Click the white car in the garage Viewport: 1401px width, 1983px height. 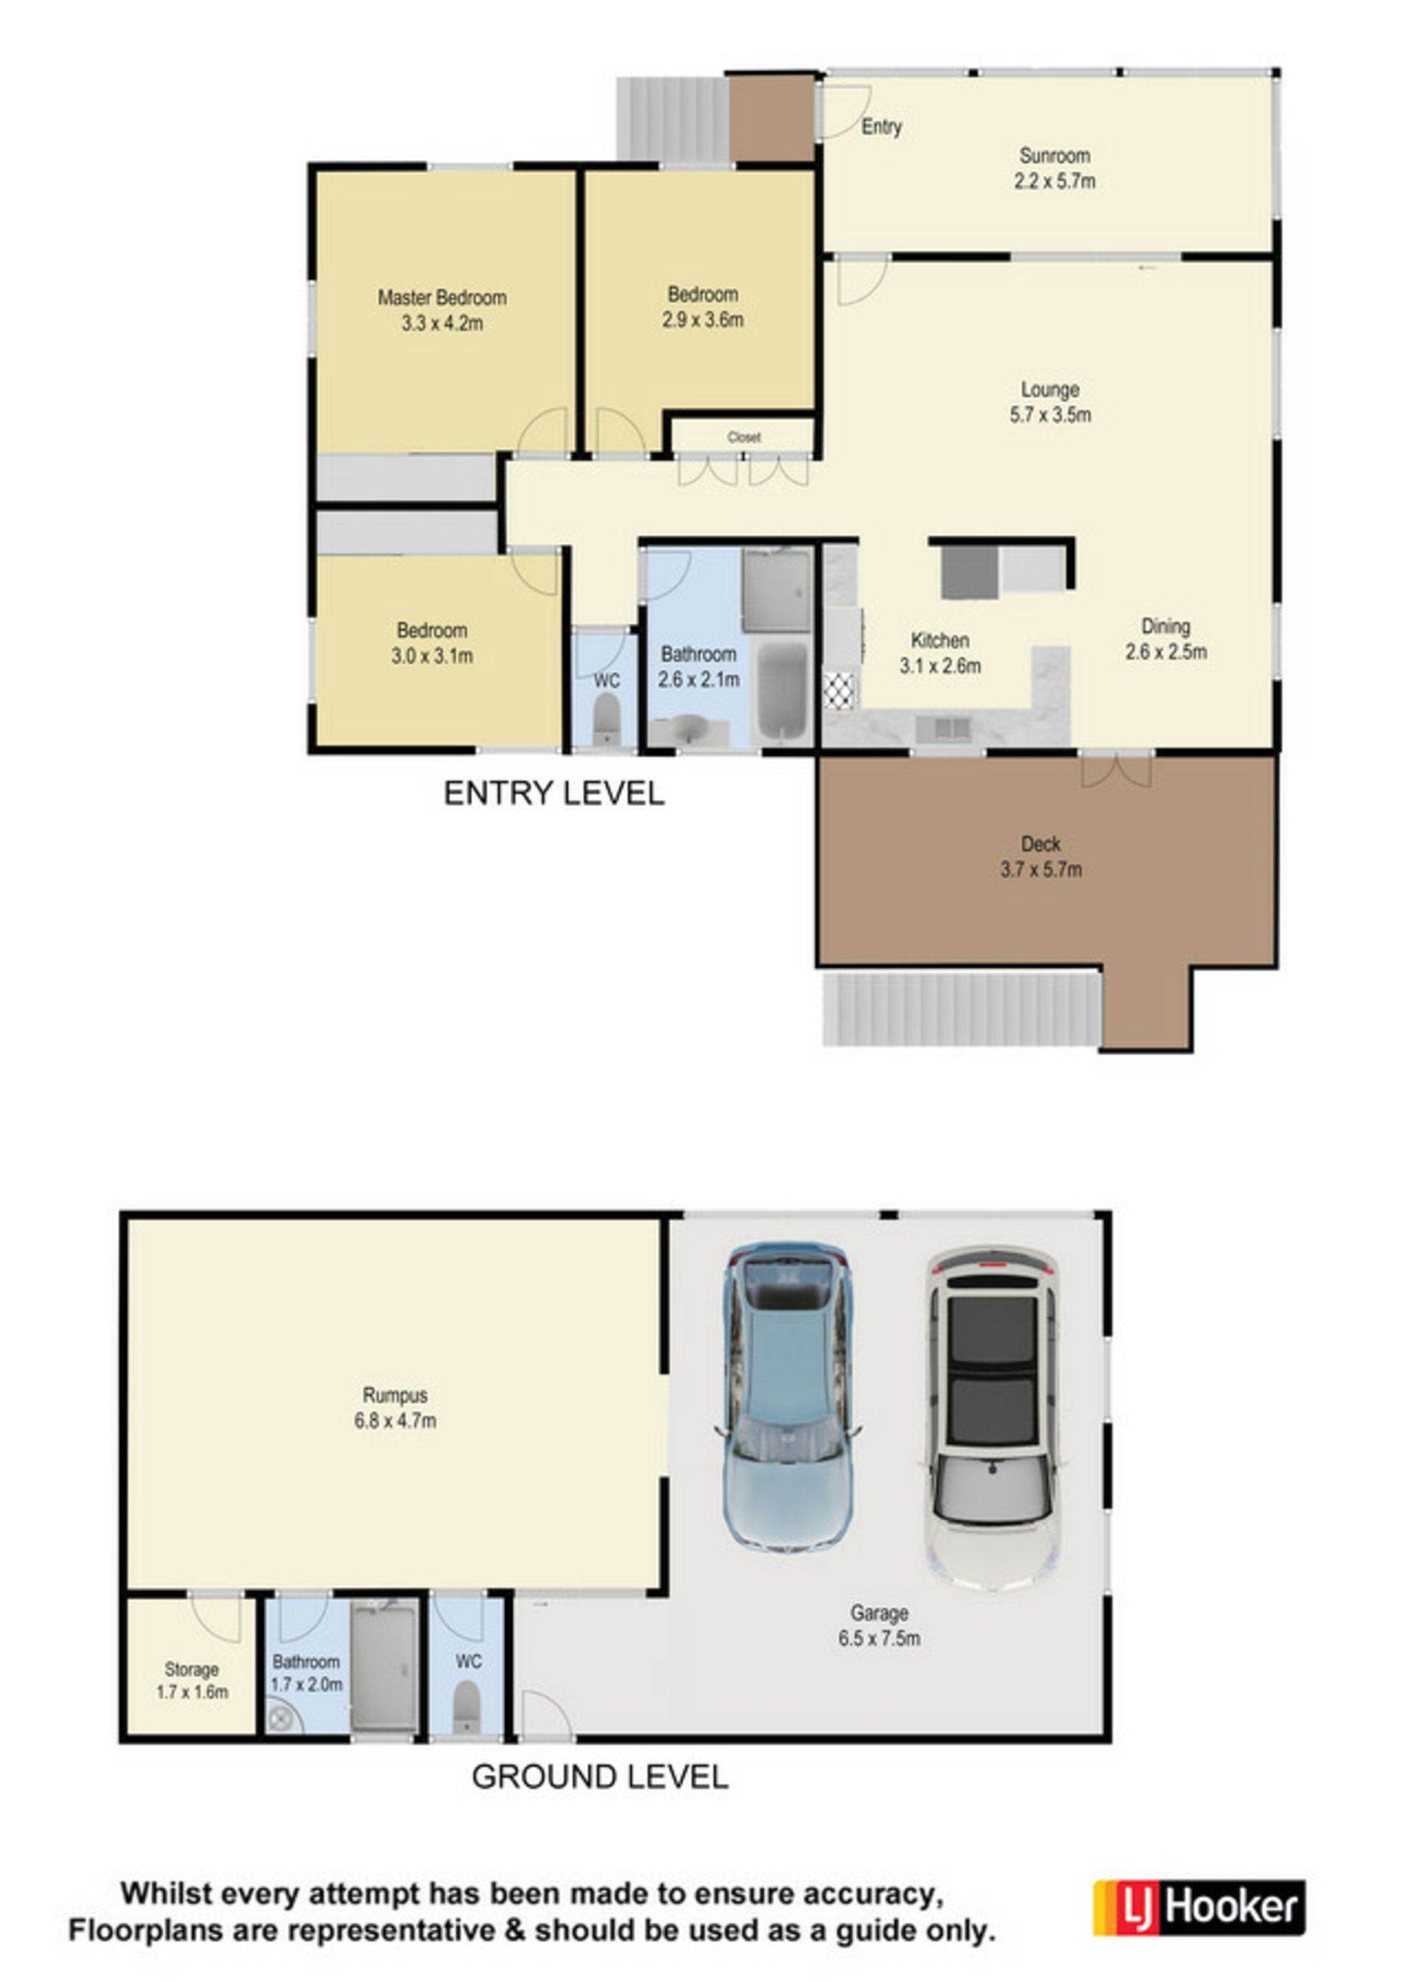[992, 1416]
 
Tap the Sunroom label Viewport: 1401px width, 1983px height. [1054, 156]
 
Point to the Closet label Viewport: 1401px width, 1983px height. [744, 437]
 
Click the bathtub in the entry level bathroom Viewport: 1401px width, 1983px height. [782, 691]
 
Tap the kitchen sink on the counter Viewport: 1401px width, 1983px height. [944, 729]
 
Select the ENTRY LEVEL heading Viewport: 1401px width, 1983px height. [553, 793]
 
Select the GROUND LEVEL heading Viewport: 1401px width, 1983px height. [599, 1776]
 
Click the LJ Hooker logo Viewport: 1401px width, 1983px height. [1199, 1907]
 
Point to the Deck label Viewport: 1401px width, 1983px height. [1041, 844]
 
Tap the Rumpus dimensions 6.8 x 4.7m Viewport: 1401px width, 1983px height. [395, 1420]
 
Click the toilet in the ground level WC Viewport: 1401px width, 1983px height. [467, 1704]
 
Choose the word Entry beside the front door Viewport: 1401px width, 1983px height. [881, 127]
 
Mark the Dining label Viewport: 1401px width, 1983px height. [1165, 626]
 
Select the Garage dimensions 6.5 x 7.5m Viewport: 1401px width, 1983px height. [879, 1638]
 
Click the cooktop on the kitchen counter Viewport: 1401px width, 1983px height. [840, 691]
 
